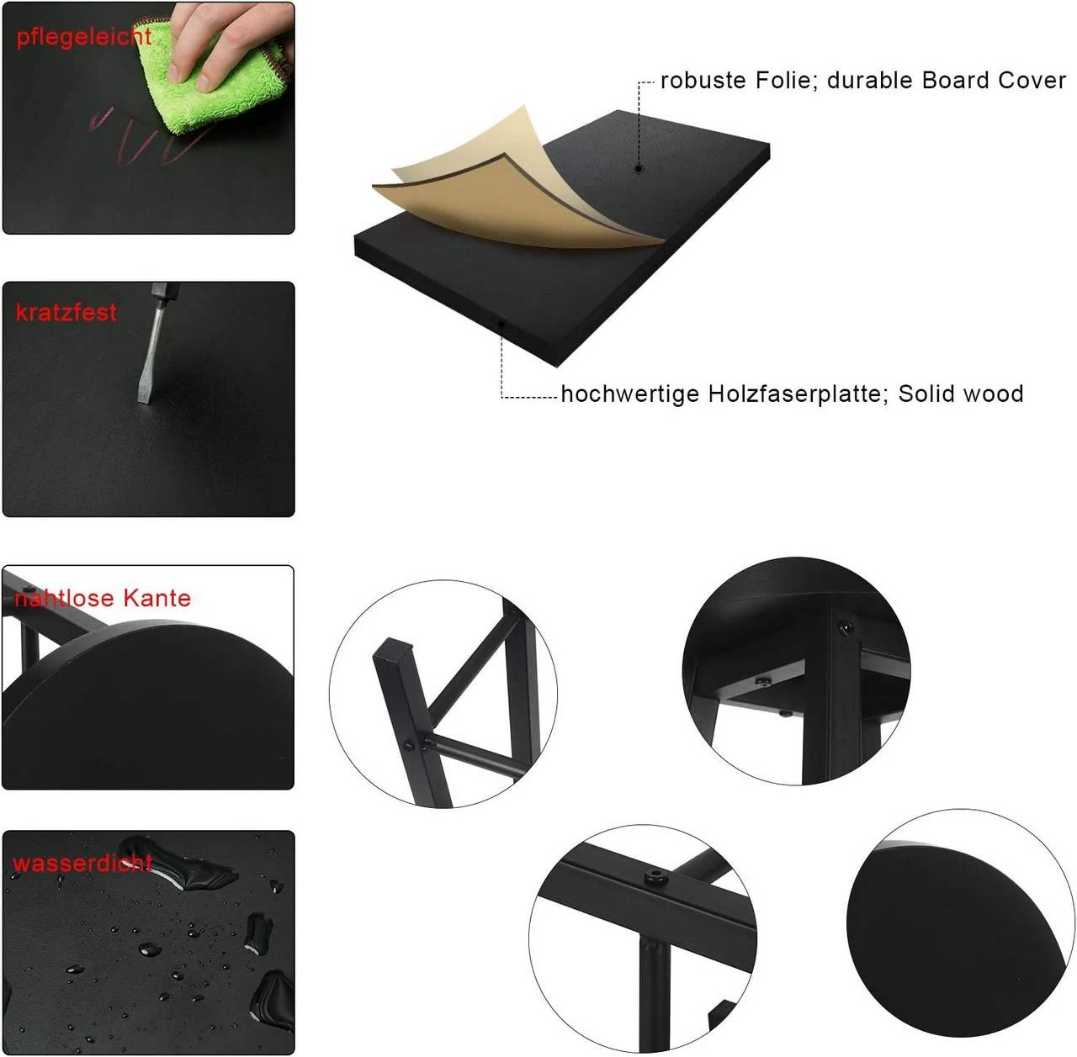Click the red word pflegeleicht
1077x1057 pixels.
[84, 38]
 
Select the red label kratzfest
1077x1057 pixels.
[66, 312]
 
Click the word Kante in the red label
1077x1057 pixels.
[157, 599]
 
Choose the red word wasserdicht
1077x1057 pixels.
[82, 863]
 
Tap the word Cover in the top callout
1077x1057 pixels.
[1032, 81]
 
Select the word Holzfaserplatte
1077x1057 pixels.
[798, 394]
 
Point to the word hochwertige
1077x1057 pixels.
[630, 394]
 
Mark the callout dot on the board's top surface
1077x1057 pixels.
[639, 168]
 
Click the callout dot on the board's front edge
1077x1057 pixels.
[501, 324]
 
